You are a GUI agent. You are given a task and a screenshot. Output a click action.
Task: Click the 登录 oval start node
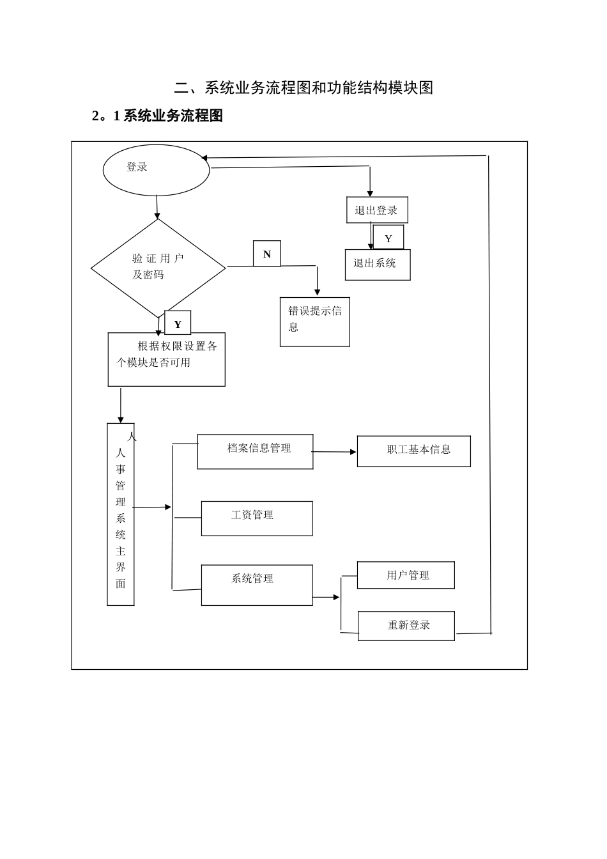(156, 170)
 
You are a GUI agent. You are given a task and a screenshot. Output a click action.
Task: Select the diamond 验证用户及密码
(158, 268)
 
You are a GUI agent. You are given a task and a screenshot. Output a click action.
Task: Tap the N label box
(266, 254)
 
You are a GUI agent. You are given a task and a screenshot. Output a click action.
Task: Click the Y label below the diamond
(178, 323)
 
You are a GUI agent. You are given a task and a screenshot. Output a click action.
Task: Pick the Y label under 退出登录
(388, 238)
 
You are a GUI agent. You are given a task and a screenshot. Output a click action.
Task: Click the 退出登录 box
(377, 210)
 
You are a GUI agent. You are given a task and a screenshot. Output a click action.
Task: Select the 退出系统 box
(378, 265)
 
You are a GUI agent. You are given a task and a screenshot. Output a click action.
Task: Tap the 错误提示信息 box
(314, 321)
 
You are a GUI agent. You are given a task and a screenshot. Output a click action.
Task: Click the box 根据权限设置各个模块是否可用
(166, 359)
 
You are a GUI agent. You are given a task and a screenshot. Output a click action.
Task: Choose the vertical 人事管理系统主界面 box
(121, 515)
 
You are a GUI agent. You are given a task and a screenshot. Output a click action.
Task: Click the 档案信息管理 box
(255, 451)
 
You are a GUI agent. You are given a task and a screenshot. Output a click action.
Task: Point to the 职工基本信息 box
(413, 451)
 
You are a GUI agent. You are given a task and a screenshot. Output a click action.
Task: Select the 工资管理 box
(257, 518)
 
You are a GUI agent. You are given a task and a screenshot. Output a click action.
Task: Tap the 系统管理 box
(257, 584)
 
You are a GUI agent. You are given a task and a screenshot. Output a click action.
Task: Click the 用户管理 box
(406, 575)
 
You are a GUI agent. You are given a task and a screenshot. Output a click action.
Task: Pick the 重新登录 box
(406, 625)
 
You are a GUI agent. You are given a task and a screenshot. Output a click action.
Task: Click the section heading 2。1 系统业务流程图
(157, 116)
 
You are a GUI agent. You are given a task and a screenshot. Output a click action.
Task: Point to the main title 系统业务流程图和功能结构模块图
(304, 88)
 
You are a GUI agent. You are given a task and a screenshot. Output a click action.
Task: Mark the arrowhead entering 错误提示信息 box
(317, 292)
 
